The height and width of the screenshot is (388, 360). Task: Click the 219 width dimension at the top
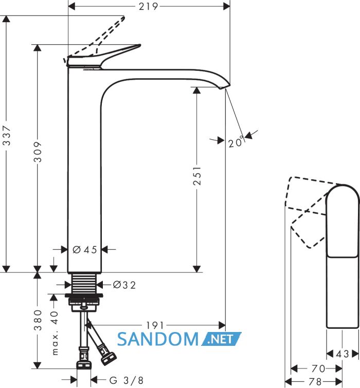coord(148,7)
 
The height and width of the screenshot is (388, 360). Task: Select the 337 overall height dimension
coord(7,135)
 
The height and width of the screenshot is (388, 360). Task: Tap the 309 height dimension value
coord(38,152)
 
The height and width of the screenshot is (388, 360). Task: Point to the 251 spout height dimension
coord(197,176)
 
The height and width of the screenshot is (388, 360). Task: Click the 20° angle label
coord(236,141)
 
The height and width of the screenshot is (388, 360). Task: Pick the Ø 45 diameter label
coord(85,250)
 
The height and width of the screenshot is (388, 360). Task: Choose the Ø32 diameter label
coord(124,285)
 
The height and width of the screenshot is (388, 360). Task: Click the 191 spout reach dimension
coord(155,325)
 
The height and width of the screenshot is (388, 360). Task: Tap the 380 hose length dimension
coord(38,320)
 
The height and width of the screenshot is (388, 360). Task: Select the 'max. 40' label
coord(55,333)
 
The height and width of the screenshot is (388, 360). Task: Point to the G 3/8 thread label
coord(127,380)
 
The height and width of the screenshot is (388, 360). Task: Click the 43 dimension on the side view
coord(343,354)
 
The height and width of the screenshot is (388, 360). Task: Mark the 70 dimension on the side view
coord(318,368)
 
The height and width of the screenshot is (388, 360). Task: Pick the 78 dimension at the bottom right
coord(315,381)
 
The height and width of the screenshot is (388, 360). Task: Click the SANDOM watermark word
coord(158,339)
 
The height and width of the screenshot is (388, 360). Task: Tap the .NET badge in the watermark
coord(221,339)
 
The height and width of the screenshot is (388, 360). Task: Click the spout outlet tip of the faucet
coord(225,86)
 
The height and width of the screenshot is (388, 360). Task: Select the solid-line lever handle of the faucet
coord(104,56)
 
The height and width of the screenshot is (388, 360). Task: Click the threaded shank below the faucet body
coord(84,283)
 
